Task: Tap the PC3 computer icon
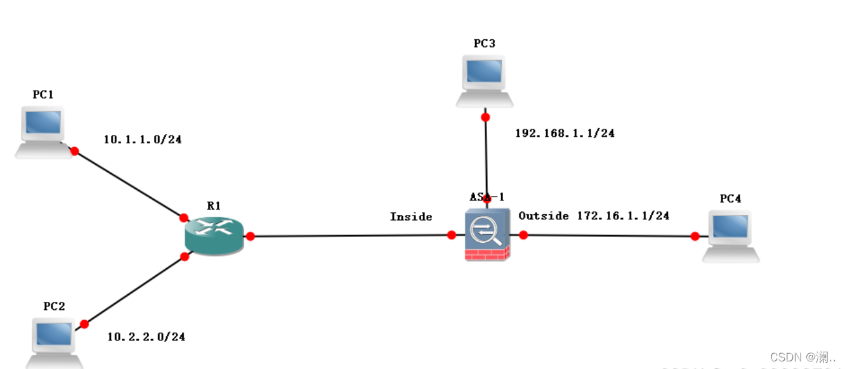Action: tap(485, 80)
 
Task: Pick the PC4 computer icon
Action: tap(731, 236)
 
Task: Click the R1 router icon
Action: tap(214, 235)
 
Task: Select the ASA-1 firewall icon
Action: tap(487, 234)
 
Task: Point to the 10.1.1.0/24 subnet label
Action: tap(143, 139)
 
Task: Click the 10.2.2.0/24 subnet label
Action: tap(146, 337)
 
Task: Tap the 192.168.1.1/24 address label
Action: tap(565, 133)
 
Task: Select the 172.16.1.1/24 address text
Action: tap(623, 216)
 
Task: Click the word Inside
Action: tap(411, 217)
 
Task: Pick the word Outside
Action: tap(544, 216)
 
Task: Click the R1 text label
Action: tap(214, 205)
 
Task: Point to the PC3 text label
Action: tap(484, 43)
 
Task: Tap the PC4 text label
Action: tap(730, 198)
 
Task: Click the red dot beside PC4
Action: tap(695, 236)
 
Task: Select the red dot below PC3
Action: tap(485, 117)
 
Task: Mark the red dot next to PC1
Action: tap(74, 151)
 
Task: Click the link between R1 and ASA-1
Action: tap(349, 236)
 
